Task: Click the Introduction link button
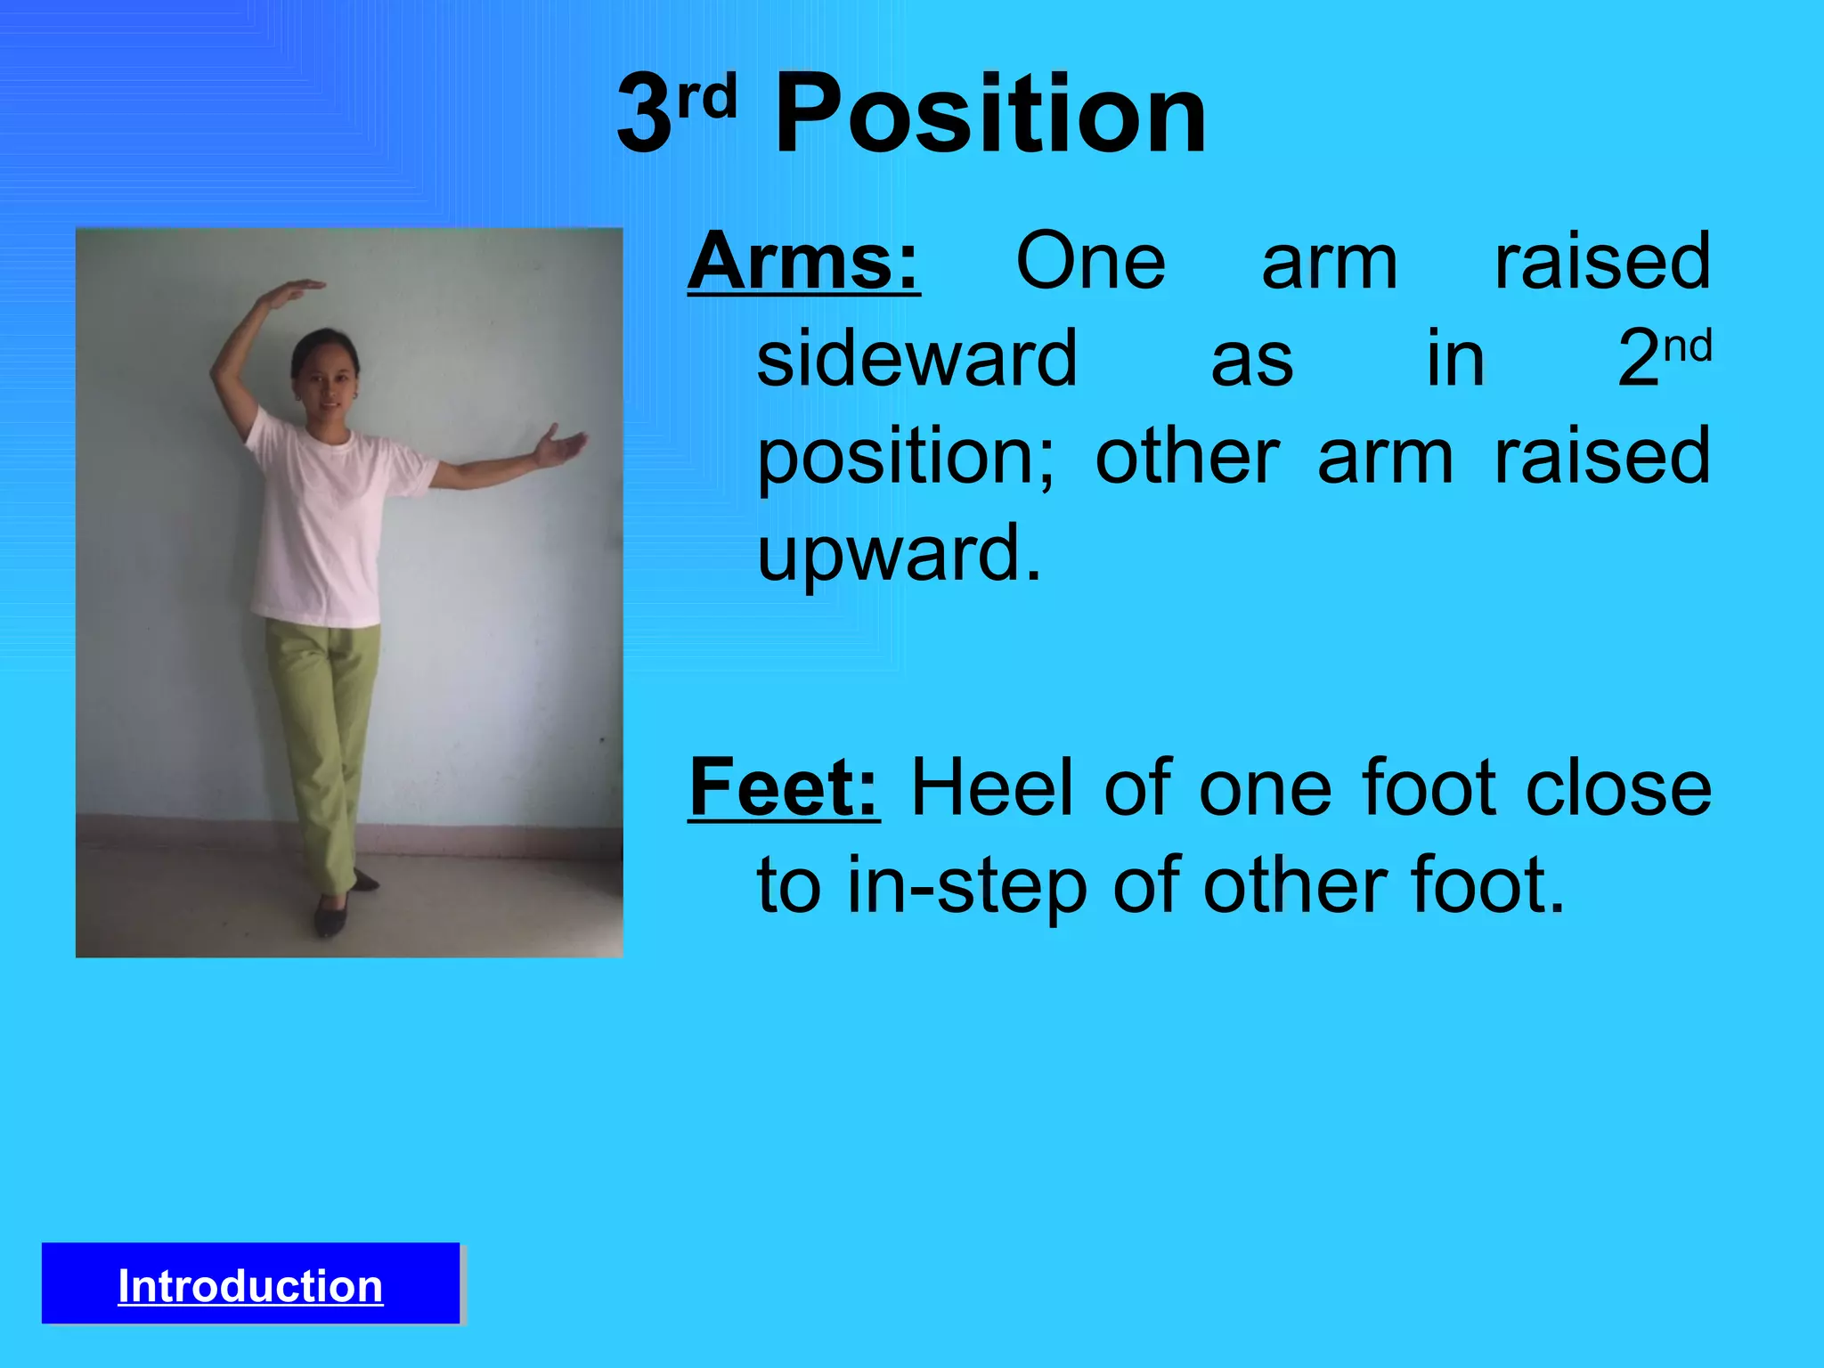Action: (x=250, y=1286)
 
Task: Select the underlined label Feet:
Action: (x=784, y=787)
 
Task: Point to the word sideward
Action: (x=916, y=358)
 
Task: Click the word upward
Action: (x=899, y=552)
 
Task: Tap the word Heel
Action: (x=992, y=787)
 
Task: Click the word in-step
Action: (x=965, y=887)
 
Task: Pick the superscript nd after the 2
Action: (x=1688, y=346)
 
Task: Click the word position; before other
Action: (x=905, y=456)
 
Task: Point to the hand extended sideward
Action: (x=558, y=445)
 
